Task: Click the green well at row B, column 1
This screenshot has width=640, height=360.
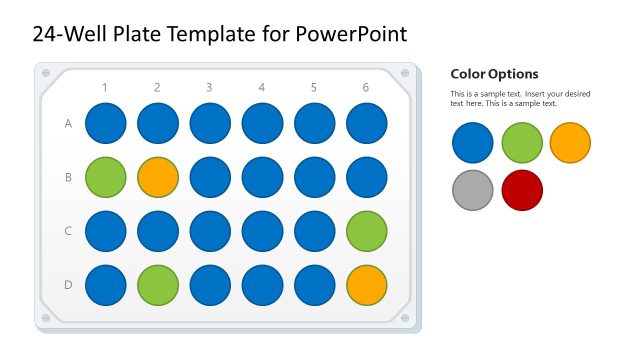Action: tap(105, 177)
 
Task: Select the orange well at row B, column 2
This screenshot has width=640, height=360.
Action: tap(157, 177)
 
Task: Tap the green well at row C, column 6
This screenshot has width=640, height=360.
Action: tap(366, 231)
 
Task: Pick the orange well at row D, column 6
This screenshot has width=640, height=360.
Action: tap(366, 284)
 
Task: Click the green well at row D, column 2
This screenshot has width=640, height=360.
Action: tap(157, 284)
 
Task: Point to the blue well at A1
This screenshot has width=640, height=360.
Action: tap(105, 123)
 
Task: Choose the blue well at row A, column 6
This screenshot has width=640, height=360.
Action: tap(366, 123)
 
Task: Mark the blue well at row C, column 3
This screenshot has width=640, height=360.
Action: tap(210, 231)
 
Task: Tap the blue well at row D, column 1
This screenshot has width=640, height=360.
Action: tap(105, 284)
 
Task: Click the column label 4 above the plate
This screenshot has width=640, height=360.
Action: tap(262, 88)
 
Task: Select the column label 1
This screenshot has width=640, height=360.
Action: tap(105, 88)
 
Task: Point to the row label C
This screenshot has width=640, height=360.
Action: tap(68, 231)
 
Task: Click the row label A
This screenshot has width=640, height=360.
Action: tap(68, 124)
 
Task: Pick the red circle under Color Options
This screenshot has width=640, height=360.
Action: tap(522, 190)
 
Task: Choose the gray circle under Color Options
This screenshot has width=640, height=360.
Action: tap(472, 190)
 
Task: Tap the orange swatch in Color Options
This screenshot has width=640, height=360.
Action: tap(570, 142)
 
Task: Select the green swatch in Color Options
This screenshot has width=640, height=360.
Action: tap(522, 142)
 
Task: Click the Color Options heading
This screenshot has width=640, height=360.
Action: tap(494, 74)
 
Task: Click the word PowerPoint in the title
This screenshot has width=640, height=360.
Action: tap(352, 34)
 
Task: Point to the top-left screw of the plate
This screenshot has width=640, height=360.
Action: tap(45, 73)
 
